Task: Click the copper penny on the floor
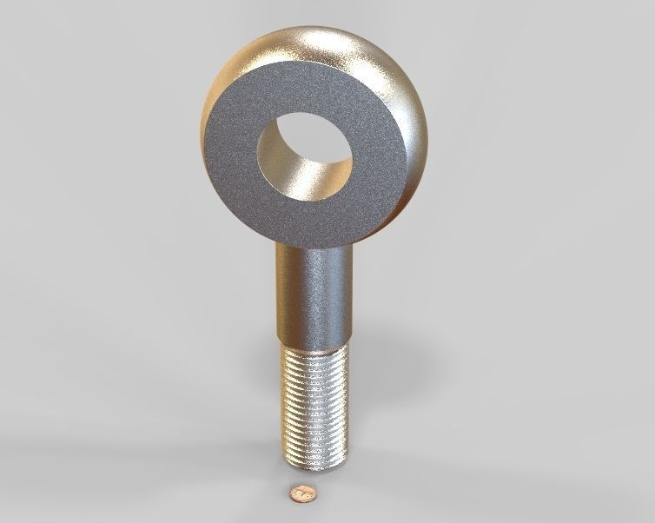pyautogui.click(x=302, y=493)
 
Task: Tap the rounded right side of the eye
pyautogui.click(x=414, y=122)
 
